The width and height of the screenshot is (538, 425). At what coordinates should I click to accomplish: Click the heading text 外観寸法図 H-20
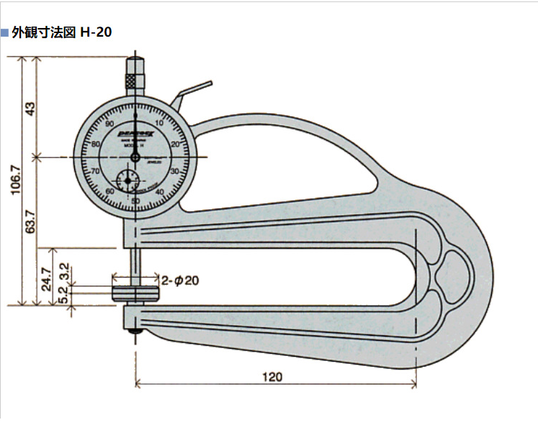coord(62,32)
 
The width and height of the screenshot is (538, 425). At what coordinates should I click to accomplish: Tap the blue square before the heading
coord(5,32)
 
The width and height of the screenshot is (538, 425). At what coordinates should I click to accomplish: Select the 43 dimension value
coord(30,109)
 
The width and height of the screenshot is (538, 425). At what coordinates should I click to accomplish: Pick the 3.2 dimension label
coord(65,273)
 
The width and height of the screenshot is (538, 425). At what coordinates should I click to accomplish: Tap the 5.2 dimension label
coord(65,295)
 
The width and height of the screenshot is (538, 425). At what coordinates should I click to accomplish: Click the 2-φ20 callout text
coord(180,280)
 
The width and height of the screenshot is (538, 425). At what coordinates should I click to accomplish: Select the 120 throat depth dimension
coord(272,376)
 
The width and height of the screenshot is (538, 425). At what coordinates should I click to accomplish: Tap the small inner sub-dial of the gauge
coord(131,179)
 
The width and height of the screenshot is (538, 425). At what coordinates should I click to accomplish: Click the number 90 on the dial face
coord(109,124)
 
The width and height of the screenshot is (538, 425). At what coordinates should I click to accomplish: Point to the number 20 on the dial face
coord(174,145)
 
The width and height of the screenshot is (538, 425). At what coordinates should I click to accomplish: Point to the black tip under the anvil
coord(134,332)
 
